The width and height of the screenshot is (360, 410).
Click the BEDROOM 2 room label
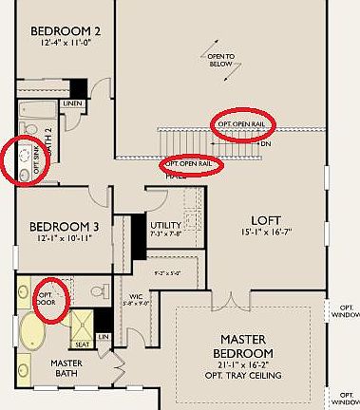click(66, 28)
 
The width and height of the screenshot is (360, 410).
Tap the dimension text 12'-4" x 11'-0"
click(66, 44)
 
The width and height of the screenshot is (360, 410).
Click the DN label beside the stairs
click(267, 143)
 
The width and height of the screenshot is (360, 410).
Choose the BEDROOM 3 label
click(64, 226)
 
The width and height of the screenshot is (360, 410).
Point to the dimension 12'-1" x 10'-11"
click(64, 241)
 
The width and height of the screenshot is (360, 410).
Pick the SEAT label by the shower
click(82, 345)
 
